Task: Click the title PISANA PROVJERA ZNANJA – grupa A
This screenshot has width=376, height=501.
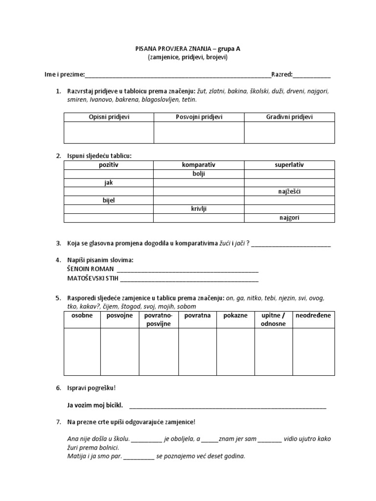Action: click(x=188, y=48)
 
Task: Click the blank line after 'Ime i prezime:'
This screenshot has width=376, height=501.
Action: click(x=178, y=75)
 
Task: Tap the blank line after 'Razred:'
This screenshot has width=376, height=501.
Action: click(x=312, y=75)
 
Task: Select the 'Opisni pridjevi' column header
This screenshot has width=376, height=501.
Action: click(x=109, y=117)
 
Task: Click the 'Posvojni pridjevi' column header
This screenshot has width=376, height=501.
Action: click(x=199, y=117)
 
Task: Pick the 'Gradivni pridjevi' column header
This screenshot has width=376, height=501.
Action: click(x=289, y=117)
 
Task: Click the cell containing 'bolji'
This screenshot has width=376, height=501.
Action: click(x=199, y=174)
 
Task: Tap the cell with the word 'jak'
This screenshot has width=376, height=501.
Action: click(x=109, y=182)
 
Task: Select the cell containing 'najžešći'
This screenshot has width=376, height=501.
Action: click(x=289, y=191)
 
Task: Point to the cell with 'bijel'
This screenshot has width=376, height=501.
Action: click(x=109, y=200)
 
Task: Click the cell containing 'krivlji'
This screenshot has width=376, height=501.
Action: click(x=199, y=209)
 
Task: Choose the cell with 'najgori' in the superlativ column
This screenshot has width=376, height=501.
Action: click(x=289, y=218)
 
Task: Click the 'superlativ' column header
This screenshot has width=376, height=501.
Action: click(x=289, y=165)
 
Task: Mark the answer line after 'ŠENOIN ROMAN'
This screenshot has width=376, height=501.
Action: click(x=188, y=270)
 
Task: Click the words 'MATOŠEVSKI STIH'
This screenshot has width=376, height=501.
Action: click(x=92, y=278)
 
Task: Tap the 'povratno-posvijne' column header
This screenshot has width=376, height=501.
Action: click(x=158, y=319)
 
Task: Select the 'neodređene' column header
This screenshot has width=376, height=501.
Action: click(x=313, y=316)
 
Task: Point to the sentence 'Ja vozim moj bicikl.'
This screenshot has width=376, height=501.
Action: click(x=95, y=405)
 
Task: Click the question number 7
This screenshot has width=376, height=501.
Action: click(x=58, y=422)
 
